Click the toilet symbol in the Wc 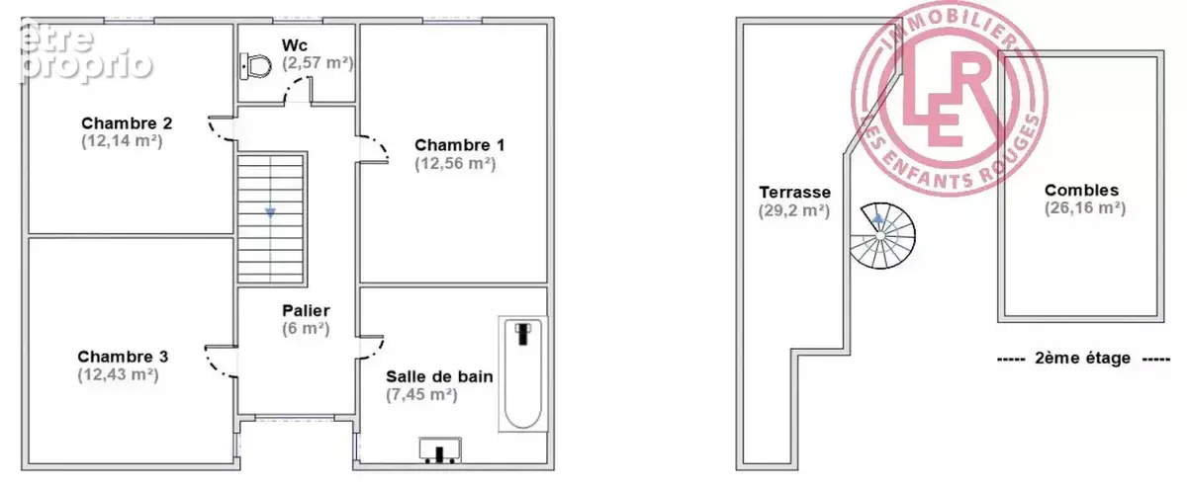(255, 66)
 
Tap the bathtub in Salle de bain (523, 373)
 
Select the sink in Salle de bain (440, 450)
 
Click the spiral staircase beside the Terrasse (882, 235)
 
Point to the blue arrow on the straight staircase (270, 212)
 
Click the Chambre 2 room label (127, 123)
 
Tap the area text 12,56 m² (455, 164)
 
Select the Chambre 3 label (123, 357)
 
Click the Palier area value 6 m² (306, 329)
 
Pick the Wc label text (295, 45)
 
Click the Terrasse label (795, 192)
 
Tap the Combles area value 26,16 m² (1085, 208)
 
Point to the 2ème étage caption (1082, 359)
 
